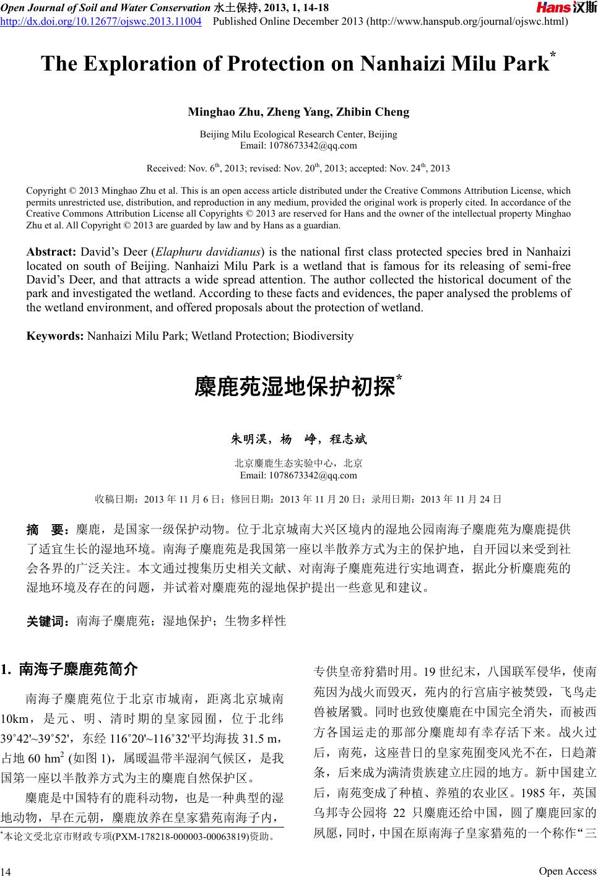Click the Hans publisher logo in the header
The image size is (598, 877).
pos(565,8)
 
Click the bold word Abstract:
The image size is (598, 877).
pos(51,252)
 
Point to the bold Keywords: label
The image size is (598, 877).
pos(55,336)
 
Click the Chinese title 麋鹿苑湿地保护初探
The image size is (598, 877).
pos(295,388)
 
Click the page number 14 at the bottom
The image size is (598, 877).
pos(6,871)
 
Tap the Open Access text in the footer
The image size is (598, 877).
pos(567,870)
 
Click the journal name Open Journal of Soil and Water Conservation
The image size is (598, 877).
pos(105,8)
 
